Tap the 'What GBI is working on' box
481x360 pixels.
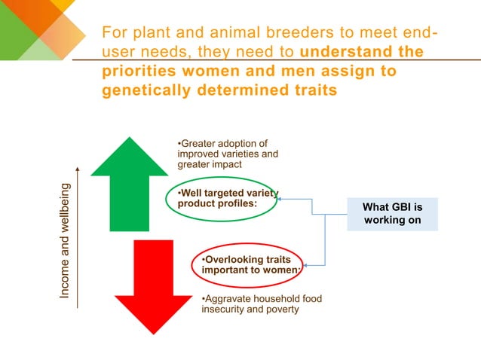(392, 214)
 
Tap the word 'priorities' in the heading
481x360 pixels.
(140, 72)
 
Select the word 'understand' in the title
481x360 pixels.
(339, 53)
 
